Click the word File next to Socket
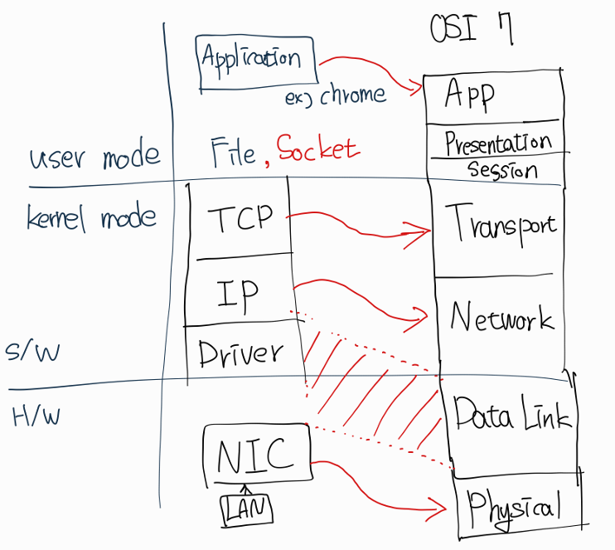(x=233, y=152)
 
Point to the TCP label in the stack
(x=240, y=218)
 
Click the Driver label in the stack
(x=240, y=354)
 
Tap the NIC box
(x=255, y=455)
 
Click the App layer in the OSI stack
(x=469, y=95)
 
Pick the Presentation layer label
(x=498, y=144)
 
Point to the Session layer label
(x=502, y=170)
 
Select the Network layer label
(x=501, y=317)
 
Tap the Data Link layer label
(x=512, y=412)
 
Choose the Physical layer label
(x=514, y=504)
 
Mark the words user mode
(x=94, y=156)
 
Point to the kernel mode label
(x=91, y=217)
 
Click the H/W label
(x=36, y=415)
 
